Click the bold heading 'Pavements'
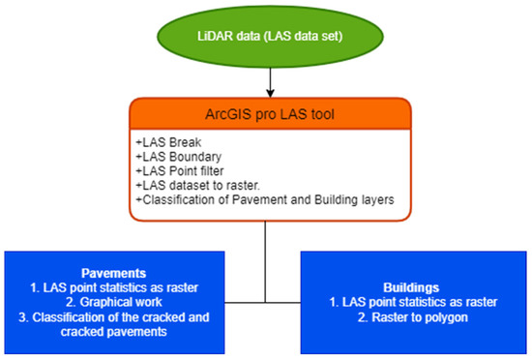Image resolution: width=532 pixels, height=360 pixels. tap(114, 272)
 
